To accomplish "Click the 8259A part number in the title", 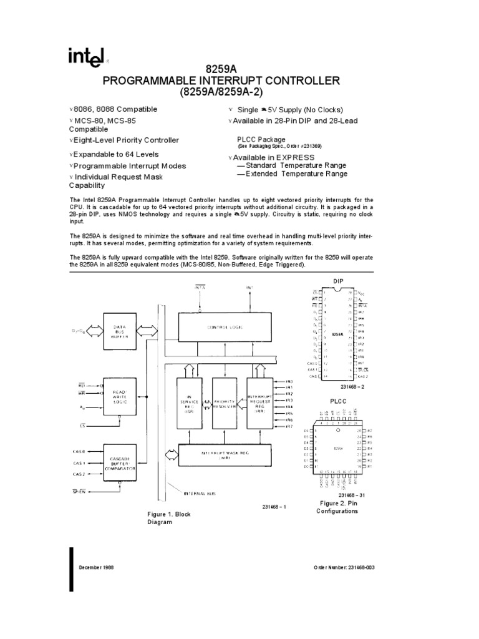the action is (239, 69).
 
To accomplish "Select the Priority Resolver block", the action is (224, 404).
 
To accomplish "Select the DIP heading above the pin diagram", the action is (339, 281).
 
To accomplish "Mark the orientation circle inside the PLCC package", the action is (337, 431).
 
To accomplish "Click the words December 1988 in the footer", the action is (95, 567).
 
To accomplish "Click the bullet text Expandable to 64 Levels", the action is (116, 154).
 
